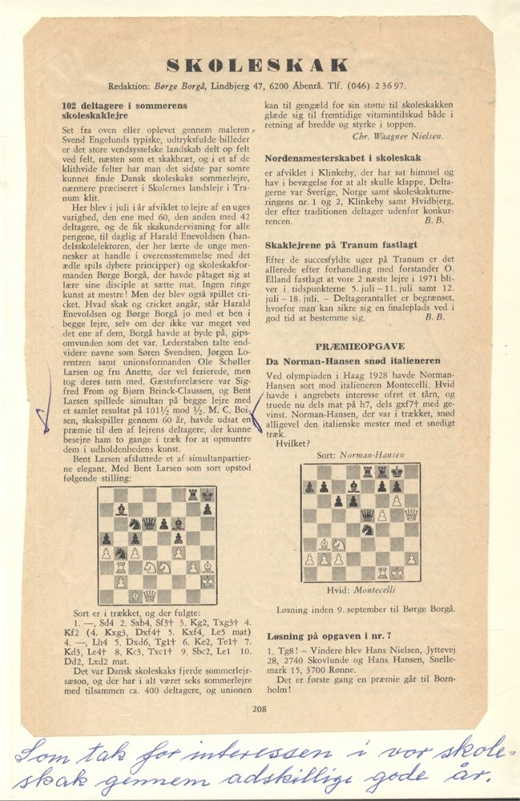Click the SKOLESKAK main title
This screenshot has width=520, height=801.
click(257, 65)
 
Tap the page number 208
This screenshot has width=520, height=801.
click(259, 707)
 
